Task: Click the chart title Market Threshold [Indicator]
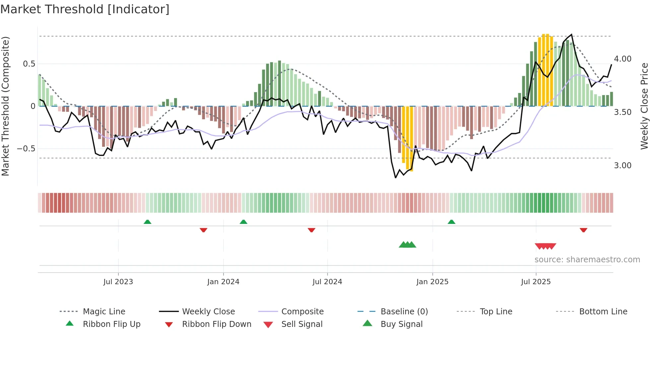[x=85, y=9]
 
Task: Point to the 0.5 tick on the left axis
[x=29, y=64]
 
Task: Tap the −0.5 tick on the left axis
[x=26, y=149]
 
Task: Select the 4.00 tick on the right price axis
[x=622, y=59]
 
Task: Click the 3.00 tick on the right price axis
[x=622, y=166]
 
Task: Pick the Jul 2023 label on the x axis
[x=118, y=282]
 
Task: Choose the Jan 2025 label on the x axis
[x=432, y=282]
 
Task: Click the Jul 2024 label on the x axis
[x=327, y=282]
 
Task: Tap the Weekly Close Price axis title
[x=644, y=106]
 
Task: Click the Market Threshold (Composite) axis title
[x=5, y=106]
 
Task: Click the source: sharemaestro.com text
[x=587, y=260]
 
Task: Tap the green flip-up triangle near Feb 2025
[x=451, y=222]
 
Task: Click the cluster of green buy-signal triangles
[x=407, y=245]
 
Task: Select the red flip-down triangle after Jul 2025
[x=583, y=230]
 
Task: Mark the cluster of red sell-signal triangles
[x=545, y=246]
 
